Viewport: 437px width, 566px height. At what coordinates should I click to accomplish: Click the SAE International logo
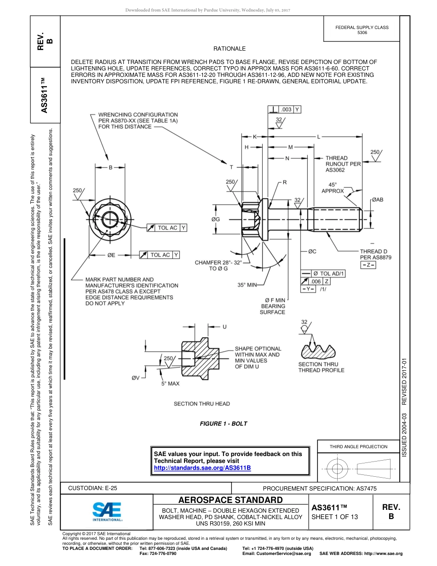(107, 511)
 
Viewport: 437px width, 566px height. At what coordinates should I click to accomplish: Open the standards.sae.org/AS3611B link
(202, 468)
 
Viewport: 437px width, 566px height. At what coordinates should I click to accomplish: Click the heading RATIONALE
(230, 49)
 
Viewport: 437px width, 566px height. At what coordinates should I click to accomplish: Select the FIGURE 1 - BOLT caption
(223, 424)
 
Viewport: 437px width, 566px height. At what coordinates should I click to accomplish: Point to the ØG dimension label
(216, 219)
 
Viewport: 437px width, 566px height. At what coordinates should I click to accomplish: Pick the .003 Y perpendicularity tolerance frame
(284, 110)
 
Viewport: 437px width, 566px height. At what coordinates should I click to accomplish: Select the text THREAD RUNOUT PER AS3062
(343, 164)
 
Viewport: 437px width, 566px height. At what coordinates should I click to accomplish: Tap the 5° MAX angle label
(170, 383)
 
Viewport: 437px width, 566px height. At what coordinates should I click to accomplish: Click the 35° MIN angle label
(247, 285)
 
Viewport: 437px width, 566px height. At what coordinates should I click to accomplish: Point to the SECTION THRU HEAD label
(201, 404)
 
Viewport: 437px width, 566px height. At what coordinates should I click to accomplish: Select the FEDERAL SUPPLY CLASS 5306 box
(362, 30)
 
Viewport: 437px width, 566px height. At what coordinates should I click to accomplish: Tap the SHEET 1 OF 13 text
(334, 517)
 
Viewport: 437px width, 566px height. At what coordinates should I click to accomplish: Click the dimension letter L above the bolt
(319, 136)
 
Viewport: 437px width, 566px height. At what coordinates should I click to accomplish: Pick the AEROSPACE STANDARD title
(230, 500)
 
